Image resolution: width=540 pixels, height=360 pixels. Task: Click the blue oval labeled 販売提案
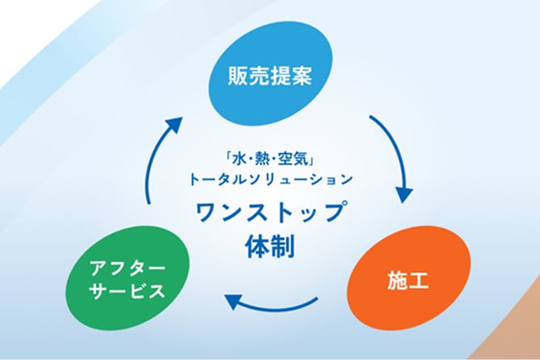(269, 77)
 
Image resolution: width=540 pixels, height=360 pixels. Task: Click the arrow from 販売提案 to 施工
(396, 157)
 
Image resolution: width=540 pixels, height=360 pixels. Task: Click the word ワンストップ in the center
(269, 213)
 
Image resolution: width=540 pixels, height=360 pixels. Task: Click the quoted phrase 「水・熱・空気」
(269, 155)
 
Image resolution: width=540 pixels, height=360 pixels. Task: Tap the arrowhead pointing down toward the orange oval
(405, 195)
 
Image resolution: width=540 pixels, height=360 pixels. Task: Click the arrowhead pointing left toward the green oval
(233, 300)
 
